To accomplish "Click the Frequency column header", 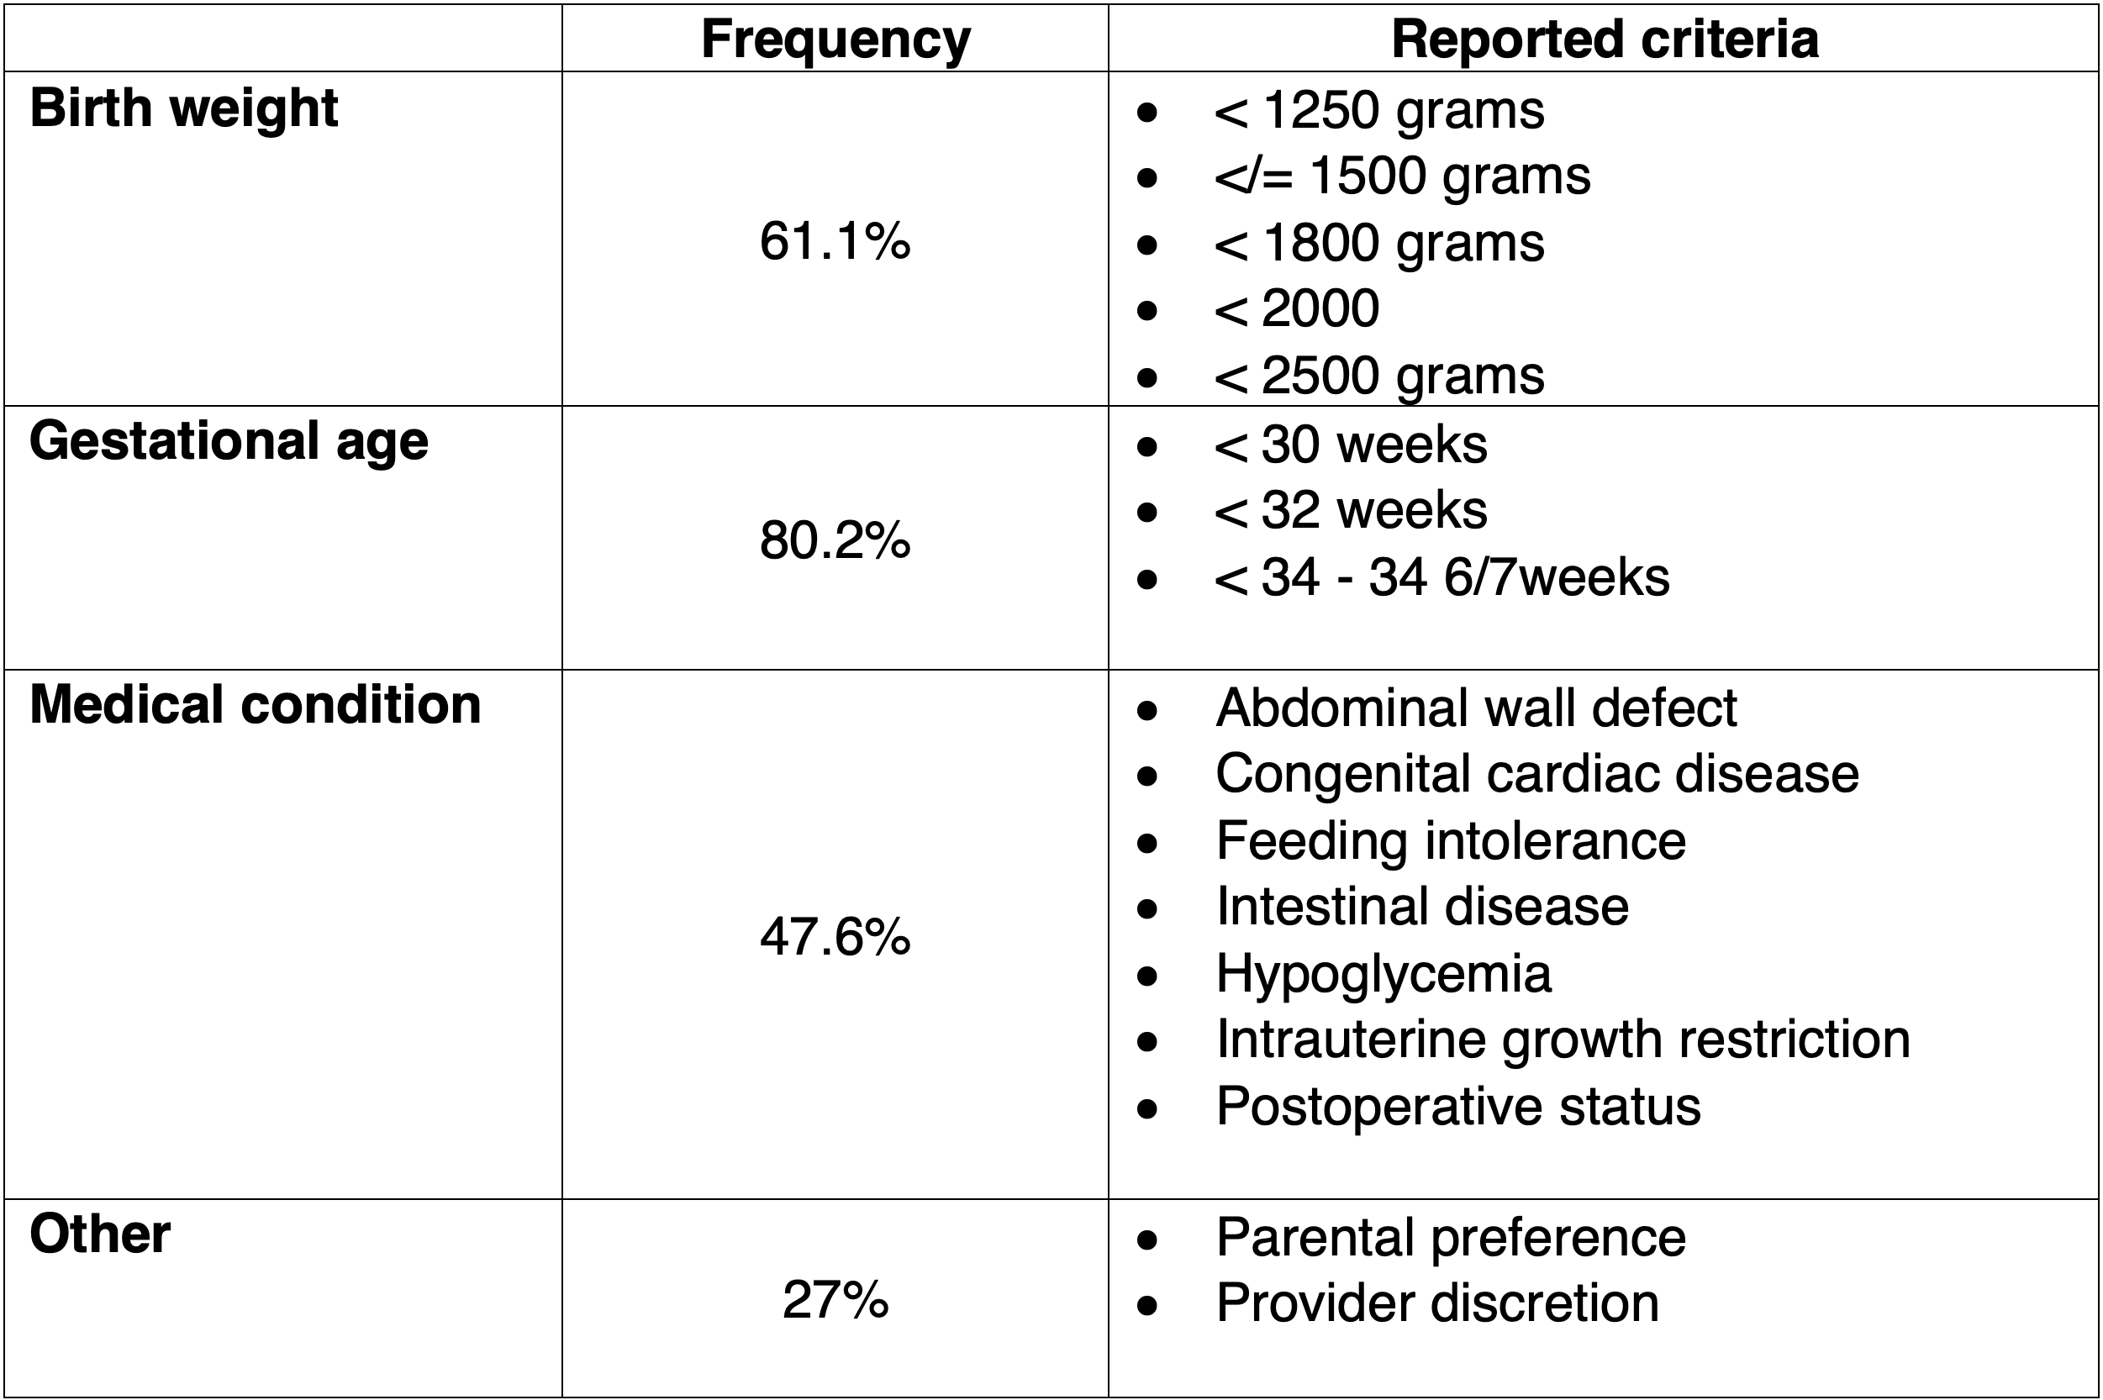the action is (x=835, y=41).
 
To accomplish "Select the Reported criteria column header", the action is (x=1605, y=39).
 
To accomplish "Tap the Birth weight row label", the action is (x=184, y=110).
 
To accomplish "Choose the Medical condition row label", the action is (x=256, y=704).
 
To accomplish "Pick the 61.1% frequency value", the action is (x=835, y=241).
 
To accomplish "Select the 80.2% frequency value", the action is (x=835, y=540).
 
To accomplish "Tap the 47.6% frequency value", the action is (x=835, y=938).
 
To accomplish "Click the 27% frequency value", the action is (x=835, y=1300).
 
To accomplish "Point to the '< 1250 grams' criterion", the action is (x=1378, y=112).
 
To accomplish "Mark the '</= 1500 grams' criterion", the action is (x=1402, y=176).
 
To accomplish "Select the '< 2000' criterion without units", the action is (x=1297, y=309).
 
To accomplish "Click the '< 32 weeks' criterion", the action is (x=1350, y=511).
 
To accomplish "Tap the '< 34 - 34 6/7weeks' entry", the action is (x=1442, y=576).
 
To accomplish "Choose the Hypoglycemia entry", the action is (x=1384, y=975).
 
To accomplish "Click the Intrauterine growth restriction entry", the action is (x=1563, y=1041).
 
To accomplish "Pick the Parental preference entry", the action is (x=1450, y=1239).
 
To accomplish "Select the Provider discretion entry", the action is (x=1436, y=1303).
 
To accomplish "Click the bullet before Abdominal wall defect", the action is (x=1147, y=711).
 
